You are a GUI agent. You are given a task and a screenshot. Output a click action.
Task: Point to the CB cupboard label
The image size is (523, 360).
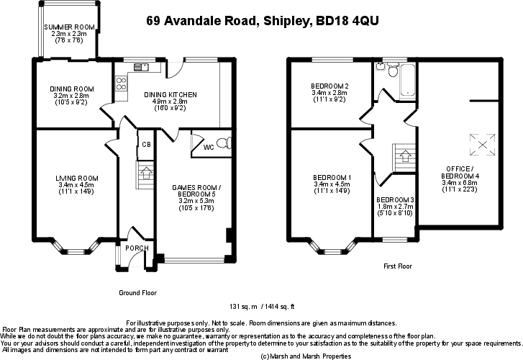pos(145,144)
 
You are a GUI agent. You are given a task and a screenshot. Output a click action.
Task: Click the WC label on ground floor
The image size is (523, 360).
pos(208,147)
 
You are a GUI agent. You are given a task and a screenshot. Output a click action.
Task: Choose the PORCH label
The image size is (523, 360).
pos(136,248)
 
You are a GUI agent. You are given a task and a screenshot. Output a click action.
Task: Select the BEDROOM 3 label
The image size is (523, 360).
pos(395,199)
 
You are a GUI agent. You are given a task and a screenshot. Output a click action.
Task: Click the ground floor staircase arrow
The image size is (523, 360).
pos(146,173)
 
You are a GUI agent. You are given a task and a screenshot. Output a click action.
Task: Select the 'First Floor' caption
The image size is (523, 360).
pos(398,266)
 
